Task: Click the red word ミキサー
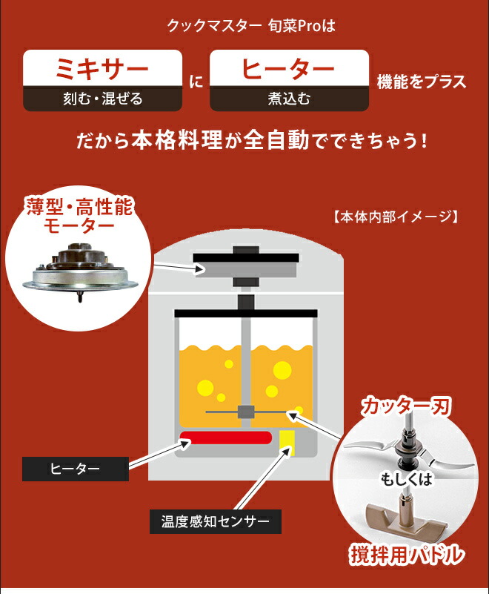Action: [102, 69]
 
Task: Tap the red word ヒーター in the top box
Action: [289, 69]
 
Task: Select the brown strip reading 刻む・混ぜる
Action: [102, 99]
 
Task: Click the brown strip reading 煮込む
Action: [289, 99]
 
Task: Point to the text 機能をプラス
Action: [422, 81]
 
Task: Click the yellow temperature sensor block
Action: [286, 442]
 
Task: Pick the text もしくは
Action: [407, 478]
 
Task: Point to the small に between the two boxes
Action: [196, 81]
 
